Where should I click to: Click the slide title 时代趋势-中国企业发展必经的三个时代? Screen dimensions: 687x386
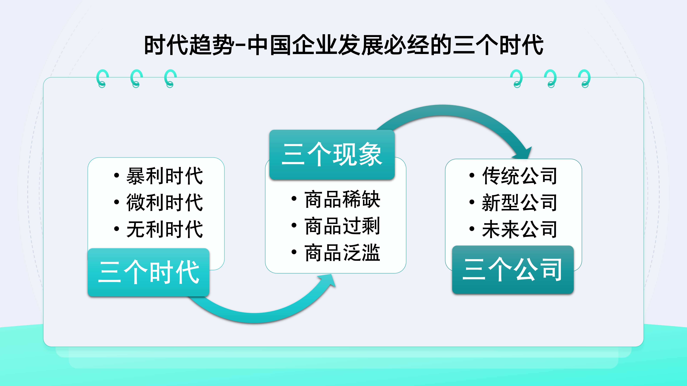point(343,45)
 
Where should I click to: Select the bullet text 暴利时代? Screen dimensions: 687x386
point(165,176)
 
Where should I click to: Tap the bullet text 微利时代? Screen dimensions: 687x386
point(165,203)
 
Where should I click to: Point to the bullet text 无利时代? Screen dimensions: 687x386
point(165,229)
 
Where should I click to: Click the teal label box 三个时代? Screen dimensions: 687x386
point(149,272)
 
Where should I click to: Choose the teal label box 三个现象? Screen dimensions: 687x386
point(332,155)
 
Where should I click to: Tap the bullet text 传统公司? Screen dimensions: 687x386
point(520,176)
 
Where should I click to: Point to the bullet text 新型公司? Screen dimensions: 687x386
point(520,203)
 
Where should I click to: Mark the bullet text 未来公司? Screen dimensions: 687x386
point(520,229)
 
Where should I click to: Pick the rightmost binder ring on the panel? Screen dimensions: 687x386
point(585,79)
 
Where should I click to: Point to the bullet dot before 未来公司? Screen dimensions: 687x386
point(472,229)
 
